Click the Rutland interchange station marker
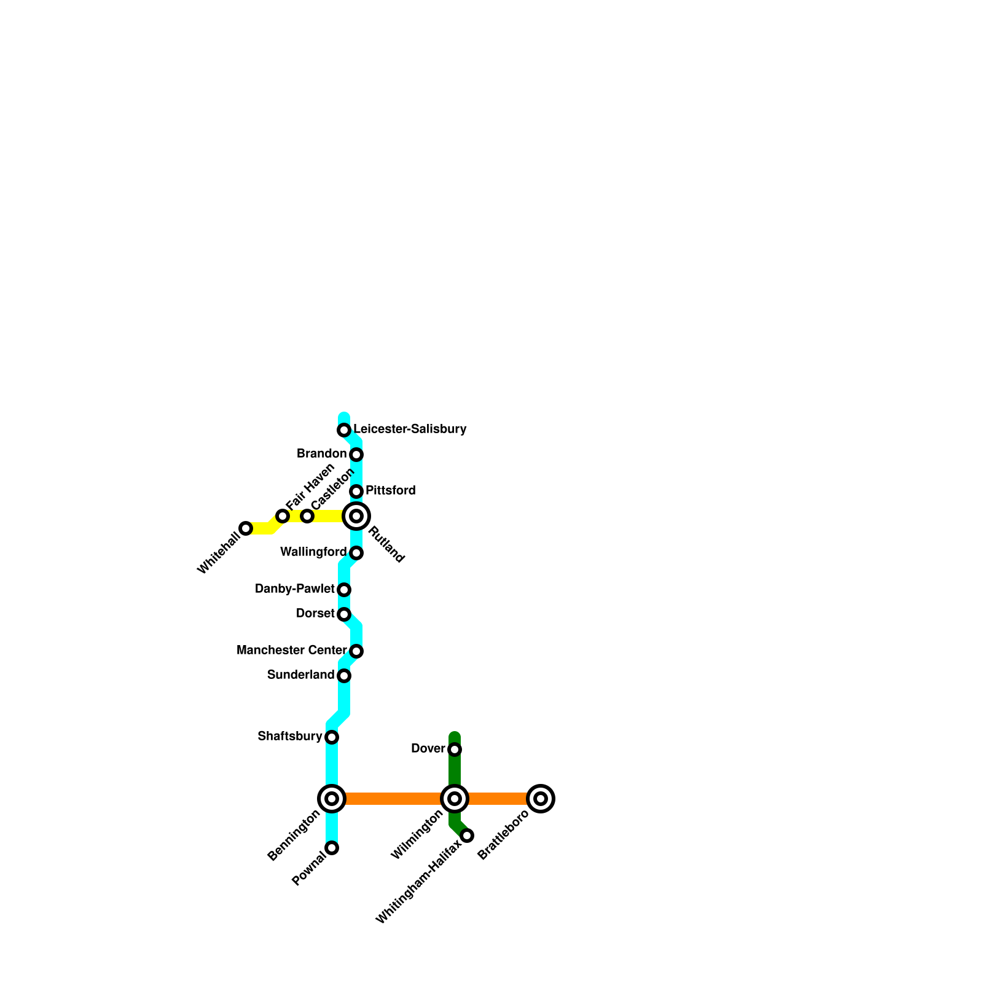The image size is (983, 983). point(356,516)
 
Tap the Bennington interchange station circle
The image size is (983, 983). point(332,799)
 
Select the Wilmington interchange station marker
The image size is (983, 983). point(455,799)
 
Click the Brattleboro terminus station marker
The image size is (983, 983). point(541,799)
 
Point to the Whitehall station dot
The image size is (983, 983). point(246,528)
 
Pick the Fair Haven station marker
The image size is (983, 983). point(283,516)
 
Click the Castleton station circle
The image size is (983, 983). point(307,516)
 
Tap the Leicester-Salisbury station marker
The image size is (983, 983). point(344,430)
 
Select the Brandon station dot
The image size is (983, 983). point(356,455)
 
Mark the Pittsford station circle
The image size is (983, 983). point(356,491)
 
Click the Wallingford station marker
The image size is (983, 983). point(356,554)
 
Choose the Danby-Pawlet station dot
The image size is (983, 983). point(344,590)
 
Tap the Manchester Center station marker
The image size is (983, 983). point(356,651)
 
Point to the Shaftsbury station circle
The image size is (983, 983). point(332,737)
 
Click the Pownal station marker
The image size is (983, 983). point(332,848)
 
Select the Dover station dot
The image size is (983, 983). point(455,750)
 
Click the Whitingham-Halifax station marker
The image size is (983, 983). point(467,836)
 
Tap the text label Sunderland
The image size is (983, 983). point(300,675)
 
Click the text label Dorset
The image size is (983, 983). point(315,614)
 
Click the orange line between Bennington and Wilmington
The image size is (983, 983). point(393,799)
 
